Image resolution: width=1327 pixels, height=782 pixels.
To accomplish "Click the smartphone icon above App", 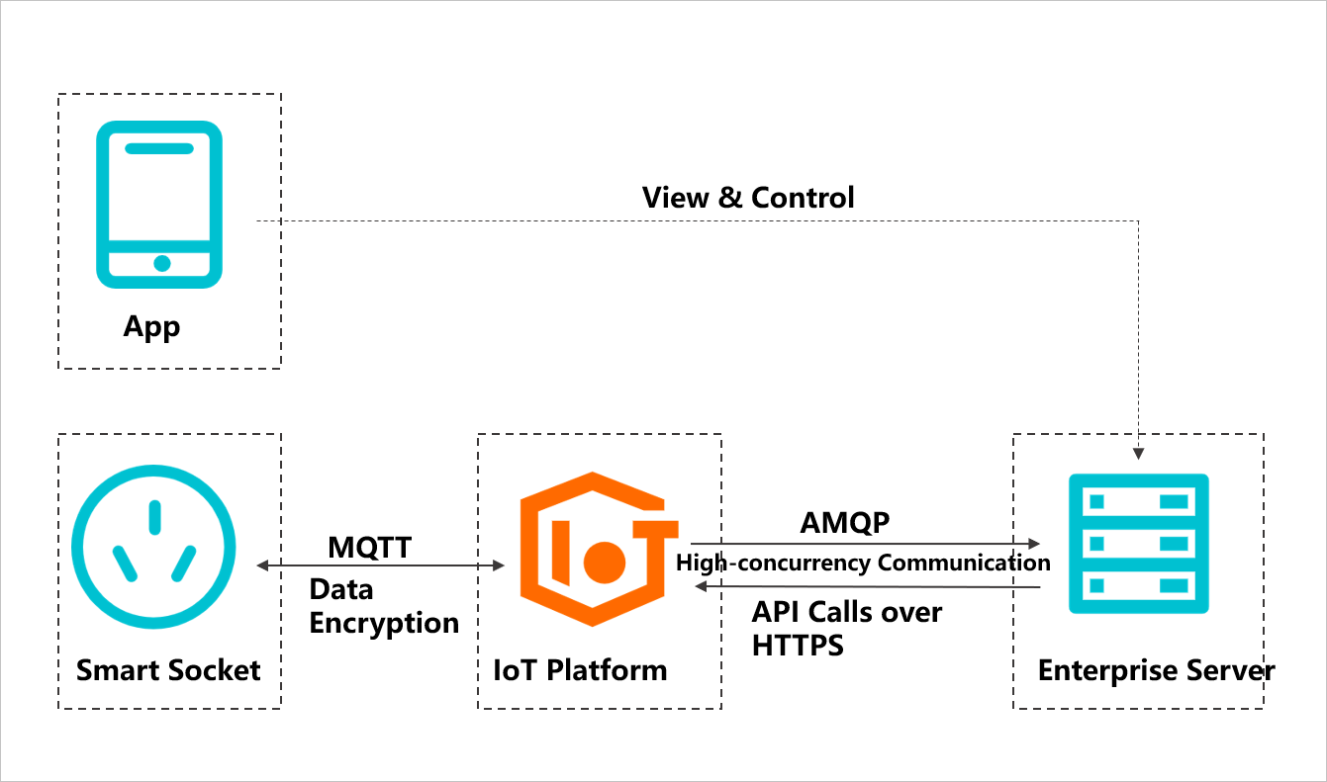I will pos(159,204).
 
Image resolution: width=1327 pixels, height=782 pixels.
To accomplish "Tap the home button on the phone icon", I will pos(162,263).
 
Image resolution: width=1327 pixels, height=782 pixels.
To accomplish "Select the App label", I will pos(151,326).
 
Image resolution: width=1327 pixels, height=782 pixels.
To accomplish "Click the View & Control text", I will pos(748,197).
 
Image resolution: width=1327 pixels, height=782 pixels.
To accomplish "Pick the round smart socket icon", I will pos(154,547).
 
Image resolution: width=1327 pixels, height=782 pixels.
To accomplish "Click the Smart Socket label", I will pos(168,670).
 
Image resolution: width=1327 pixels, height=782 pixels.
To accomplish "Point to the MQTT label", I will pos(370,547).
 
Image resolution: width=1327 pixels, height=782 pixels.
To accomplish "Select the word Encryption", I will pos(384,623).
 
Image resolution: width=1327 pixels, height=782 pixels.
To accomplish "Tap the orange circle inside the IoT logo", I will pos(605,562).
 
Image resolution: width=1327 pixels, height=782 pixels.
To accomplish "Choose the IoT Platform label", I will pos(580,670).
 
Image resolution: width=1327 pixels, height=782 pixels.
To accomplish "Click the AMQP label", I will pos(845,523).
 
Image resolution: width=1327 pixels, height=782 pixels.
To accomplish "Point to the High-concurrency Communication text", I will pos(863,563).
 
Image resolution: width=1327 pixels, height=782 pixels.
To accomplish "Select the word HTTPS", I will pos(798,646).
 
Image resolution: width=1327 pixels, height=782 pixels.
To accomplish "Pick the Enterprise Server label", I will pos(1156,671).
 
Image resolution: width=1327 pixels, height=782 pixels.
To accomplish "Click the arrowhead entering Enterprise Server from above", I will pos(1139,454).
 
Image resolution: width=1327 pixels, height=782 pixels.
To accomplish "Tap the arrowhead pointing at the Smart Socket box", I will pos(262,565).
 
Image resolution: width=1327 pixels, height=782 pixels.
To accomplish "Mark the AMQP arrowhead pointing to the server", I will pos(1035,544).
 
